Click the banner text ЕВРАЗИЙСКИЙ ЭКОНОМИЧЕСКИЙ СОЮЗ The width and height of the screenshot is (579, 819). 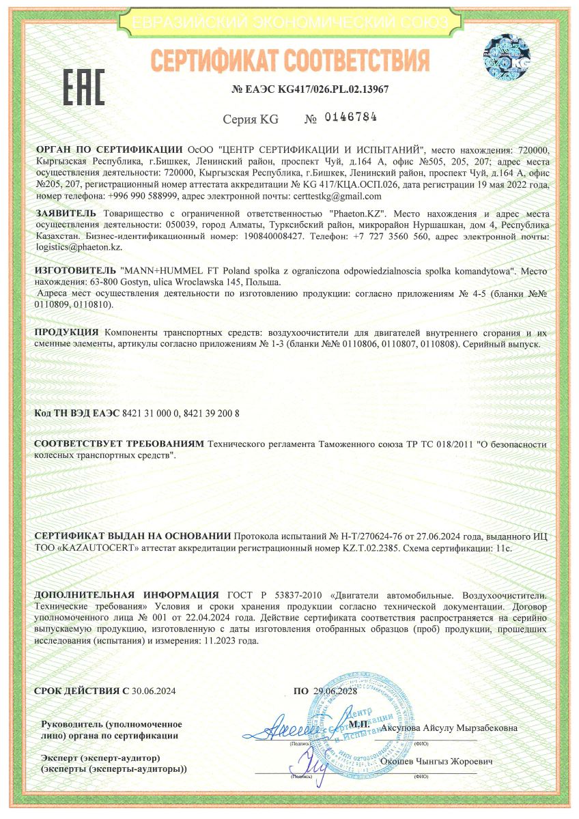(x=290, y=23)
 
